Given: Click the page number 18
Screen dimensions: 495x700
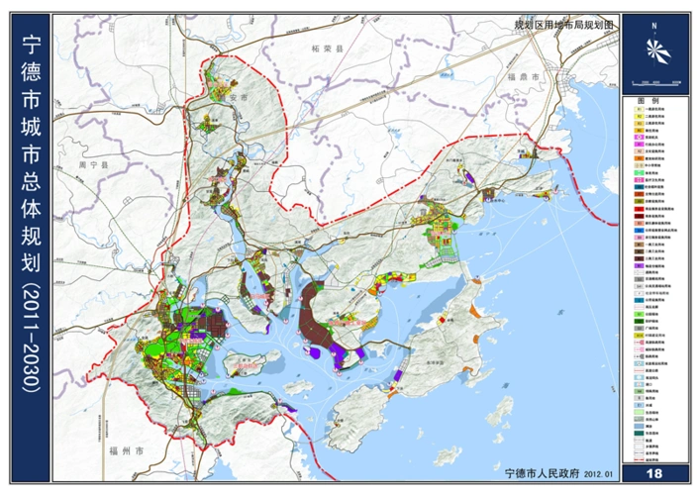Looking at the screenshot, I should pos(653,474).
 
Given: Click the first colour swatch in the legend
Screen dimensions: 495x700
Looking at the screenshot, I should pos(629,111).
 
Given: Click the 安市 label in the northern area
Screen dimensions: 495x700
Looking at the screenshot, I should pos(235,99).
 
